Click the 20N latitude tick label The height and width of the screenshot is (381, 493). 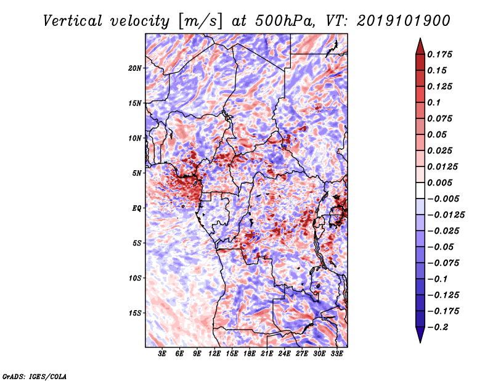click(x=135, y=68)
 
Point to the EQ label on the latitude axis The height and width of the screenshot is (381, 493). click(x=137, y=208)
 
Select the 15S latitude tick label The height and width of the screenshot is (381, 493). click(x=135, y=313)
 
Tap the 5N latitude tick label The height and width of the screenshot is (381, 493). click(x=137, y=173)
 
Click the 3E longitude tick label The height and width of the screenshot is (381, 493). click(x=163, y=354)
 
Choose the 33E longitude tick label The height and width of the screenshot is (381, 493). click(x=336, y=354)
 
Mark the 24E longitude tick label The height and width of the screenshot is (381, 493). click(x=284, y=354)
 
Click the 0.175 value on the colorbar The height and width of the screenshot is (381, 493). click(x=442, y=54)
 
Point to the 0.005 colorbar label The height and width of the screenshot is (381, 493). click(x=442, y=182)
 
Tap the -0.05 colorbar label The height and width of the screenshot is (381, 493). click(x=442, y=247)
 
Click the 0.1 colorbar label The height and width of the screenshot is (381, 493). click(x=438, y=102)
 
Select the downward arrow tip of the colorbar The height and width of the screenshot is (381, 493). click(x=420, y=341)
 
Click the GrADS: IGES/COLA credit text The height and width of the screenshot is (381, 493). click(x=35, y=375)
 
